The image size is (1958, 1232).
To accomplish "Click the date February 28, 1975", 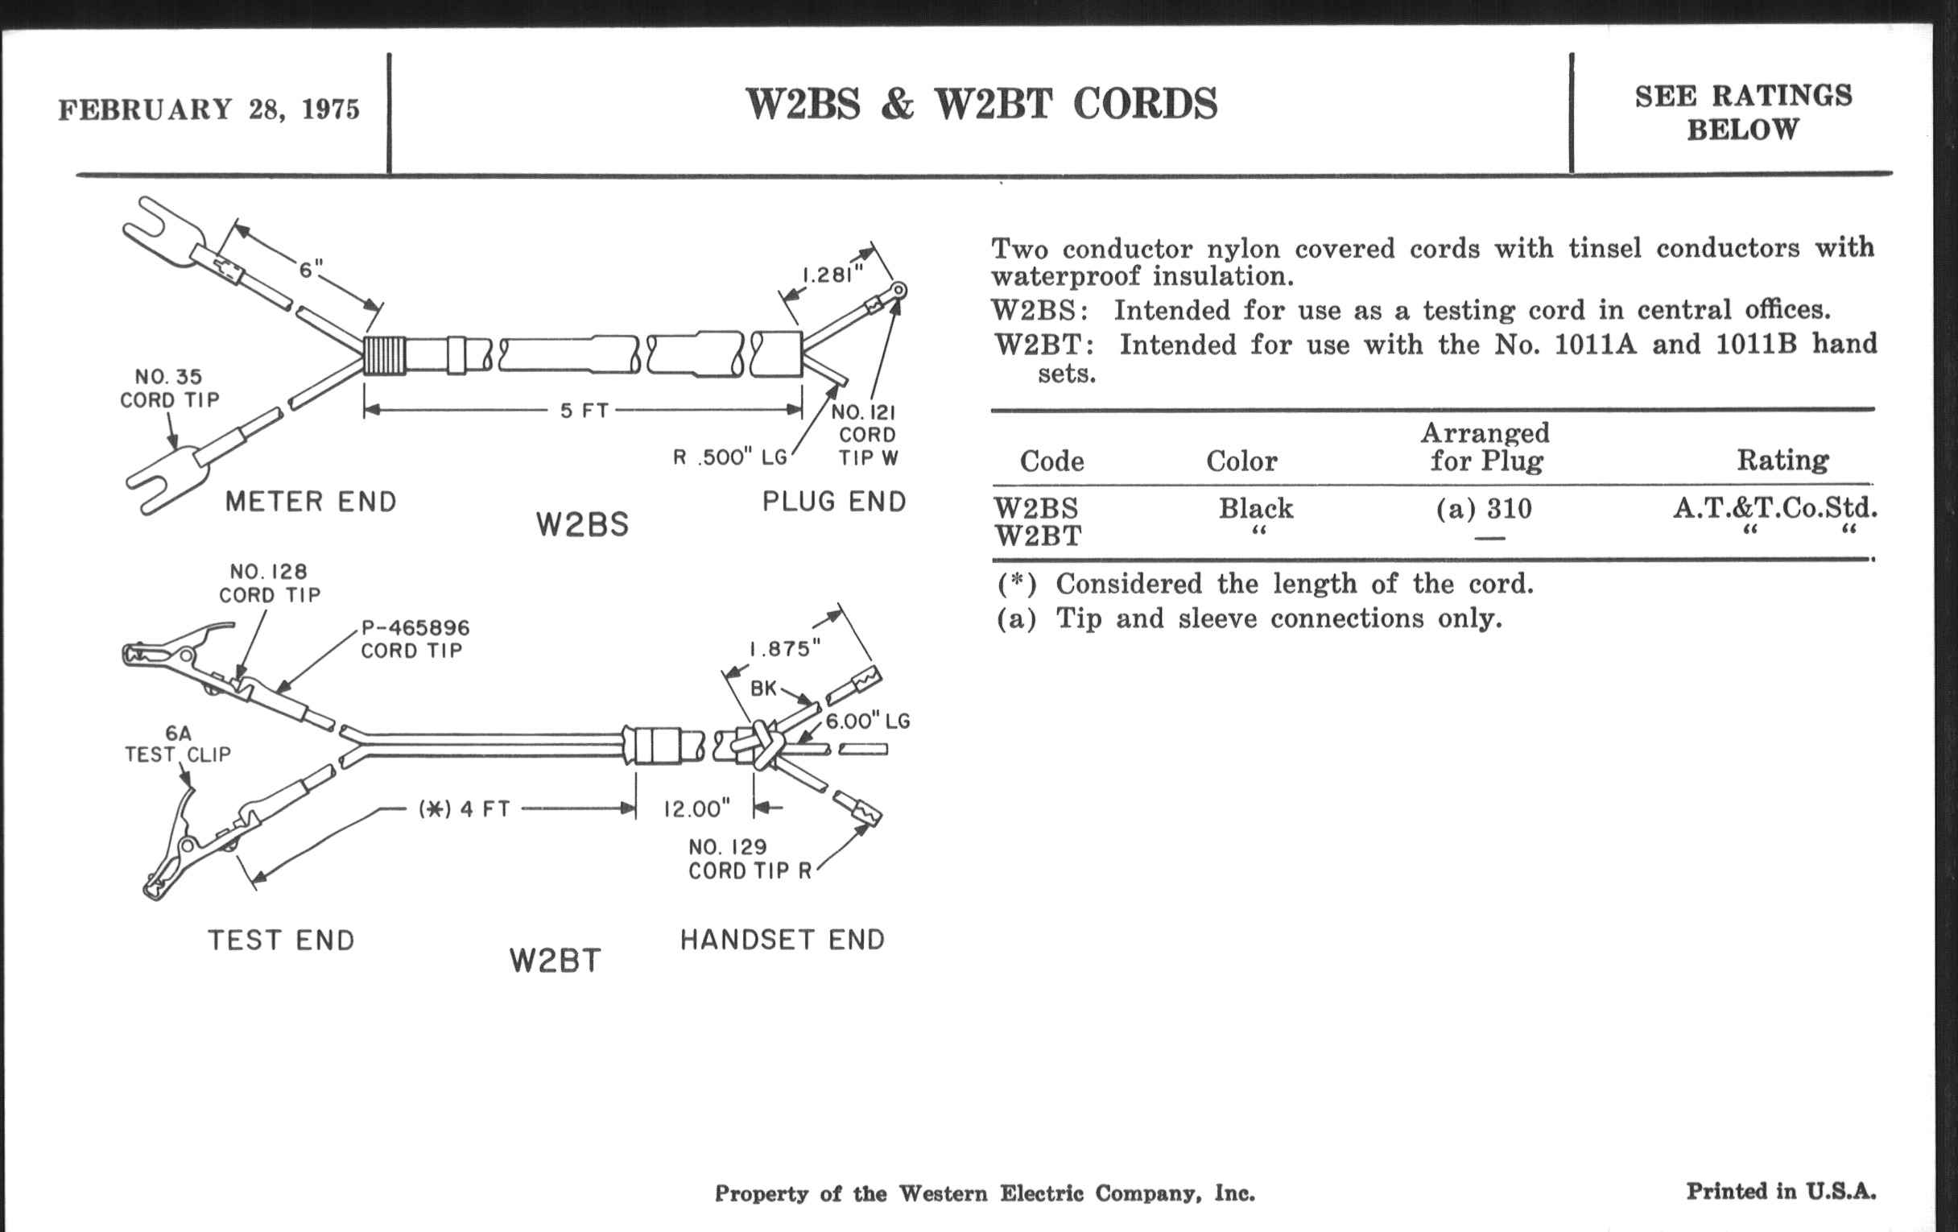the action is tap(209, 110).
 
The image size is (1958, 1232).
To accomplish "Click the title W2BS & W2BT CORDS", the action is tap(981, 104).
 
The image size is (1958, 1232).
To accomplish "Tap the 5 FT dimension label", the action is tap(584, 411).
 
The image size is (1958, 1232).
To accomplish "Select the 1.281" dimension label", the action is tap(832, 275).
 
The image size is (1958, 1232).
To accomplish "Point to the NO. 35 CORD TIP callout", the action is tap(169, 389).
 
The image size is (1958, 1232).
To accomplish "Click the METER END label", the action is tap(311, 502).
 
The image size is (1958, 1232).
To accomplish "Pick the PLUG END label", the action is tap(834, 502).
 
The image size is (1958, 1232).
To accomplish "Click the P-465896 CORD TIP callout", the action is tap(415, 639).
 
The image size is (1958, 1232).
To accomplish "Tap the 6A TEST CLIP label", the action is tap(177, 744).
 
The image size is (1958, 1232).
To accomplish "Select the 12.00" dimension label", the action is tap(697, 809).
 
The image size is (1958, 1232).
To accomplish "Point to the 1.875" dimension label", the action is tap(785, 648).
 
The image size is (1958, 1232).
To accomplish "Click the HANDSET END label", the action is tap(783, 940).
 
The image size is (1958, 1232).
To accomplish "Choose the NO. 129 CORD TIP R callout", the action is tap(750, 858).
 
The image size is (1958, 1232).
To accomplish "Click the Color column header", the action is tap(1241, 461).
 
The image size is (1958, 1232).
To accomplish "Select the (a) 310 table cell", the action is tap(1484, 509).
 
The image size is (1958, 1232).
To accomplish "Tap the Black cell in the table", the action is tap(1255, 508).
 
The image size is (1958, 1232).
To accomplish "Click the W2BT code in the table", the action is tap(1038, 537).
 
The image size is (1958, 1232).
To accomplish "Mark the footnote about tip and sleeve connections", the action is tap(1249, 619).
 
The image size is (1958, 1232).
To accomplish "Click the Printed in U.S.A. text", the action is tap(1781, 1192).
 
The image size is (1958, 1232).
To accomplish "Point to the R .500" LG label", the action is tap(730, 458).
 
